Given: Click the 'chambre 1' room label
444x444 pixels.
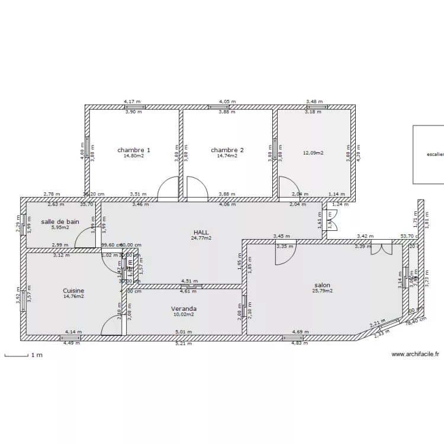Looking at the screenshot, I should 133,150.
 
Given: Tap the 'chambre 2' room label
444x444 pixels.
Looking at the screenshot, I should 227,150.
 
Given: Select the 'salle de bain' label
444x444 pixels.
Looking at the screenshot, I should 60,221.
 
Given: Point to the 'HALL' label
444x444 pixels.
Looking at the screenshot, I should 202,232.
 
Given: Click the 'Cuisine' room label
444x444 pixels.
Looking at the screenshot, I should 73,291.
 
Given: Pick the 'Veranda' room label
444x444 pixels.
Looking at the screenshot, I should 184,308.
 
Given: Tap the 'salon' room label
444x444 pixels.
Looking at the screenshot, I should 322,285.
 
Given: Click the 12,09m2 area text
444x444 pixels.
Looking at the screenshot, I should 313,153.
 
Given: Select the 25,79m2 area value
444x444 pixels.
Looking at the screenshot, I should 323,291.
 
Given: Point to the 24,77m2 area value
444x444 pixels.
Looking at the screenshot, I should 202,238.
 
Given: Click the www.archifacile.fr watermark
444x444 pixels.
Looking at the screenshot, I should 415,355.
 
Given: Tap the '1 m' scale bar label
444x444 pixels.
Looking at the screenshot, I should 37,355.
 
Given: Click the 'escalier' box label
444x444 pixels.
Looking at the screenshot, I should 435,155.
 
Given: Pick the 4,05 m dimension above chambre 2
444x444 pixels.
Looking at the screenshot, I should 227,101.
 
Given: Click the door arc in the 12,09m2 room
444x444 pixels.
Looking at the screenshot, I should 287,186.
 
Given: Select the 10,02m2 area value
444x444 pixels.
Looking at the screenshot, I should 184,314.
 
